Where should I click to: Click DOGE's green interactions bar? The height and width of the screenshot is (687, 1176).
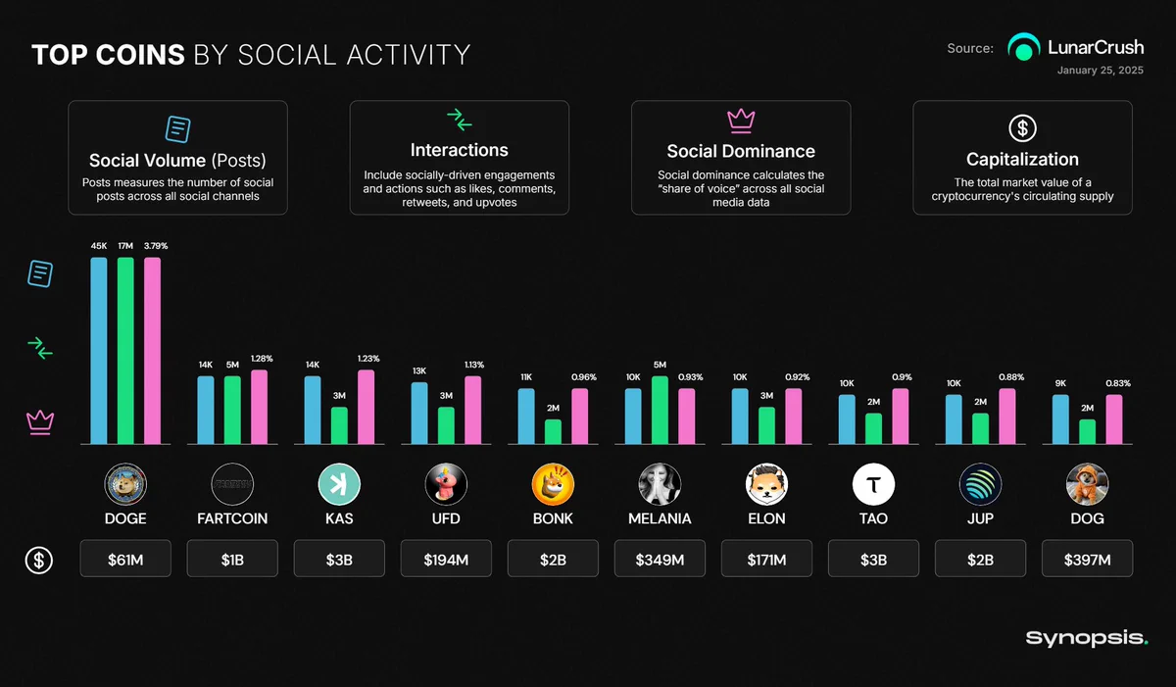click(125, 351)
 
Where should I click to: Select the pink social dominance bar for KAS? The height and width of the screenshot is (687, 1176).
click(366, 407)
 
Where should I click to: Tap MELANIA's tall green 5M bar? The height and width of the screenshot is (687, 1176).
click(660, 410)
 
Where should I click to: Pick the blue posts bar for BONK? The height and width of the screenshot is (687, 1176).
click(526, 417)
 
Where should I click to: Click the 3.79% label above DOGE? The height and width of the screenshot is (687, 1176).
click(156, 246)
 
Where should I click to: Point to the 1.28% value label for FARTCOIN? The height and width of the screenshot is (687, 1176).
click(262, 359)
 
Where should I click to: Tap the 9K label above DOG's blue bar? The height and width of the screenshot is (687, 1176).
click(1060, 383)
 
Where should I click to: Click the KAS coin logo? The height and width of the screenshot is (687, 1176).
click(339, 484)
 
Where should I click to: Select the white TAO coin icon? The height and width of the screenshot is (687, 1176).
click(873, 484)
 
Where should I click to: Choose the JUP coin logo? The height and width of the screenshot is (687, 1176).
click(980, 484)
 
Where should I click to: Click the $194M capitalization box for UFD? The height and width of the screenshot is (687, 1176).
click(446, 559)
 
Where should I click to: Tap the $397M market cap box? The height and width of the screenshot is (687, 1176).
click(1087, 559)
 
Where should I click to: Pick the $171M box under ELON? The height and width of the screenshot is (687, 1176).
click(766, 559)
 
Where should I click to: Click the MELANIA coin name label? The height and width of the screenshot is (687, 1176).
click(660, 518)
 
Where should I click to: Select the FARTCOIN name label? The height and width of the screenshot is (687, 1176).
click(232, 518)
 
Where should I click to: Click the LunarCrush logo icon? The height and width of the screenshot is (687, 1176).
click(1024, 47)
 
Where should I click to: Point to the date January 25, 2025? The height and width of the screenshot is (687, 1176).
click(1101, 71)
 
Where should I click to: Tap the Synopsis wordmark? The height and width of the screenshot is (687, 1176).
click(1087, 638)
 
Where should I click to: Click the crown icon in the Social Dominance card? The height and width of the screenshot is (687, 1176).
click(741, 121)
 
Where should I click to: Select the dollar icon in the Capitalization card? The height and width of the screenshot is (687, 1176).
click(1023, 128)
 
